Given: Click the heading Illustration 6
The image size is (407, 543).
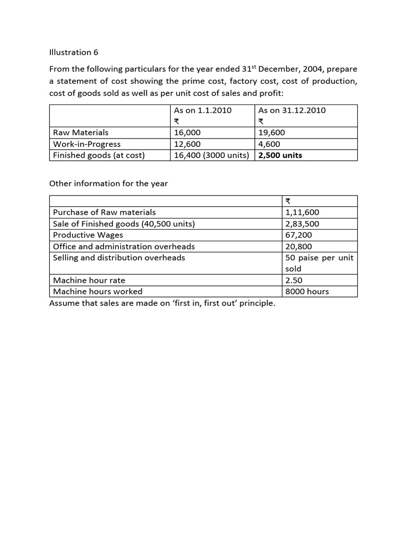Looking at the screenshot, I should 74,52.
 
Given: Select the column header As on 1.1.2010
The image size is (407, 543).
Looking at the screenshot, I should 202,110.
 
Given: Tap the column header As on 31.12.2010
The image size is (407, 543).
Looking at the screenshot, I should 291,110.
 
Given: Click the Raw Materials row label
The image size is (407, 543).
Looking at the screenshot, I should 81,133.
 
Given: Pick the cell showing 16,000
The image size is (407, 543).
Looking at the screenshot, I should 187,133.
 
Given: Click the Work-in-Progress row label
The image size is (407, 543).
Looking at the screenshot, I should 87,144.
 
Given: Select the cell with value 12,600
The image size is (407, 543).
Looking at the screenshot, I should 187,144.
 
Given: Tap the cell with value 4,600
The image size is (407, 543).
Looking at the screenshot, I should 269,144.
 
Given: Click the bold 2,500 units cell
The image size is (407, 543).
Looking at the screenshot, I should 280,155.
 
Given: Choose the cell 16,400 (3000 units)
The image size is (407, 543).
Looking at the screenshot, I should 211,155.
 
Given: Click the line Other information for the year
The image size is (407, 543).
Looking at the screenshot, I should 109,183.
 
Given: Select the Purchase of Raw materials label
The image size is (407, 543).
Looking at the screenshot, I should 104,212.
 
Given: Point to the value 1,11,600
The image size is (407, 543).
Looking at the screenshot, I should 302,212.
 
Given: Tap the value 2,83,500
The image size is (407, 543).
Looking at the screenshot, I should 302,224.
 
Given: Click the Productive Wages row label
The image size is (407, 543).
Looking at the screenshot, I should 88,235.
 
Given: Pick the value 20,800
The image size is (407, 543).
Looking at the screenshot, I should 298,247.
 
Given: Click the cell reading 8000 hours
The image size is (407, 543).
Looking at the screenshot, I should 307,291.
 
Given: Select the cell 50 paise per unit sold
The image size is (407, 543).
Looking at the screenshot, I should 320,263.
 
